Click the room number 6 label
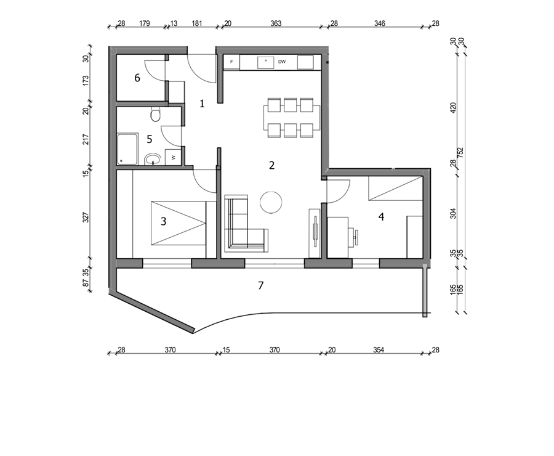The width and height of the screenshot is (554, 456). tap(137, 78)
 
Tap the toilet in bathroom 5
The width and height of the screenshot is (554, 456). tap(156, 114)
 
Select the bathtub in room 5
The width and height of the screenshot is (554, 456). tap(127, 149)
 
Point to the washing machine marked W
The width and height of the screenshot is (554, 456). tap(173, 157)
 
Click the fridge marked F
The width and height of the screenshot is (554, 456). tap(232, 62)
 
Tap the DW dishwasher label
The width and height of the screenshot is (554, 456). tap(281, 62)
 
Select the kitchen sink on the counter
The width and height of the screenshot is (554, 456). tap(266, 62)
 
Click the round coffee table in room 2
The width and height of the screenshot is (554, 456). tap(271, 202)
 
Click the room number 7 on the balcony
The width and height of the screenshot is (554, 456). tap(261, 285)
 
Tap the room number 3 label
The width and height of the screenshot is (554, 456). tap(163, 221)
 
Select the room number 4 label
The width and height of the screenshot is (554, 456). tap(381, 216)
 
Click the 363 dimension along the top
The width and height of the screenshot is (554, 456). tap(276, 23)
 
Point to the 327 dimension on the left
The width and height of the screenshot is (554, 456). tap(86, 217)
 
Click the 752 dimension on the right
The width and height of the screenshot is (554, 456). tap(460, 152)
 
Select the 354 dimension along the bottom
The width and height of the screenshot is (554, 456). tap(379, 350)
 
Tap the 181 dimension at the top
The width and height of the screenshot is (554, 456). tap(197, 23)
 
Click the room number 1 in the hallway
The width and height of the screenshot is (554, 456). tap(202, 104)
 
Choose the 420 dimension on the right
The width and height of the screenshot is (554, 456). tap(453, 108)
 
